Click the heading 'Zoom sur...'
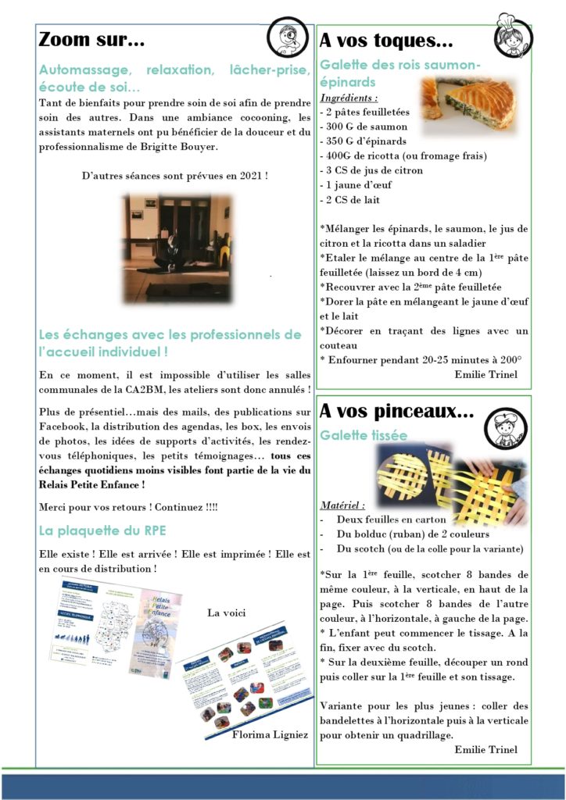click(91, 39)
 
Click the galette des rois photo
click(468, 102)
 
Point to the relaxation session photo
click(177, 248)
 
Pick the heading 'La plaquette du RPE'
click(102, 531)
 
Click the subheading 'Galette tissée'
click(363, 434)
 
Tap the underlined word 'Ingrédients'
click(349, 98)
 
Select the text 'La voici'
click(226, 612)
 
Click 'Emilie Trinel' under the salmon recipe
click(485, 373)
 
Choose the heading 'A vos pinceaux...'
click(396, 410)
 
